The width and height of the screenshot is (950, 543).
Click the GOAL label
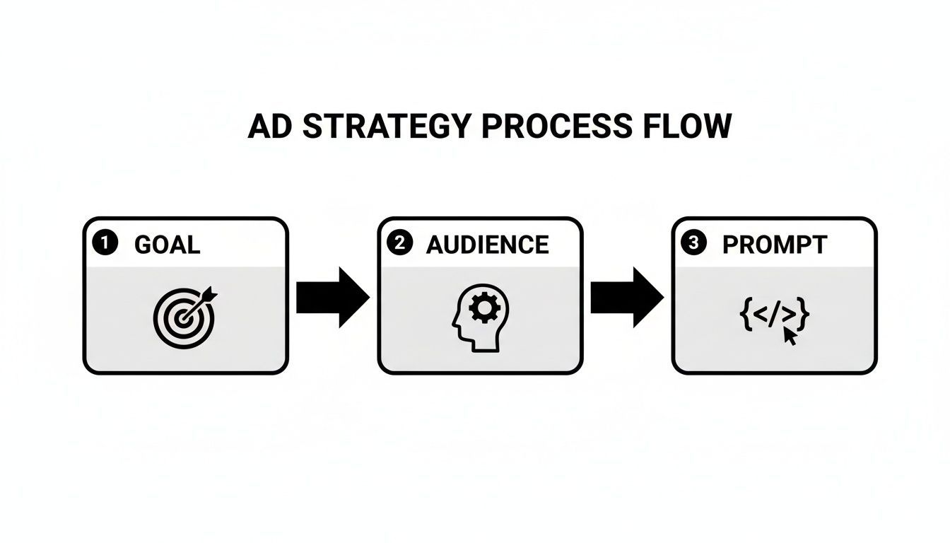(167, 245)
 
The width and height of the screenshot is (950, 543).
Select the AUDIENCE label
(488, 245)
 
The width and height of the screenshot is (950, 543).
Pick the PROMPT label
(774, 245)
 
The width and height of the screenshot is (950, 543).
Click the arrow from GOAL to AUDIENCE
(332, 297)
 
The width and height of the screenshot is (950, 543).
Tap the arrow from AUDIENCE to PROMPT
(626, 297)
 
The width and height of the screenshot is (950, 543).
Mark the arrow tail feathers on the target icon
(211, 296)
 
